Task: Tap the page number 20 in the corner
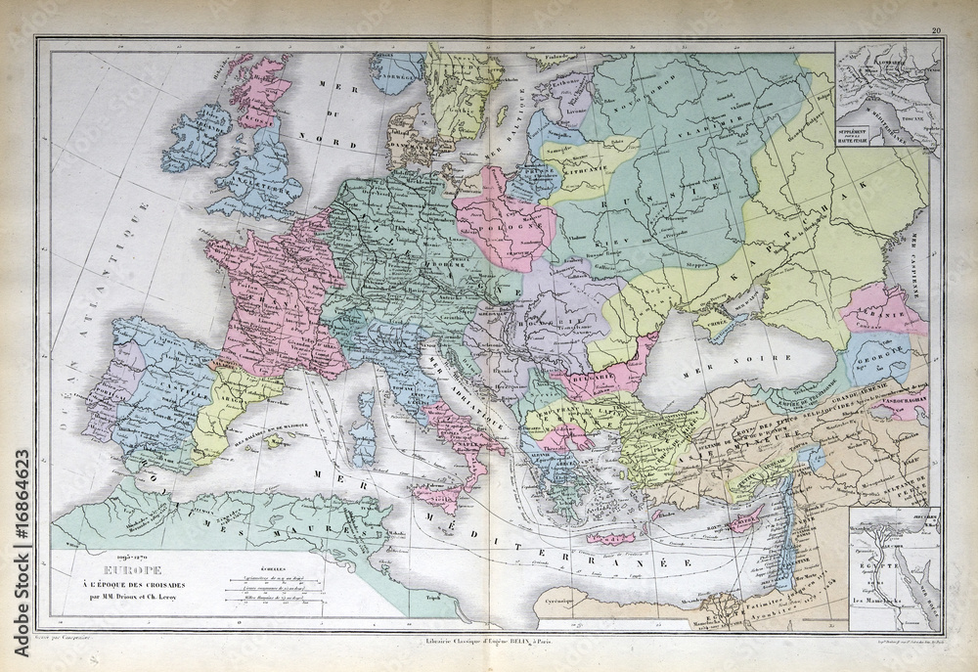coord(936,33)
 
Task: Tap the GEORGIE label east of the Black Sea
coord(877,358)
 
